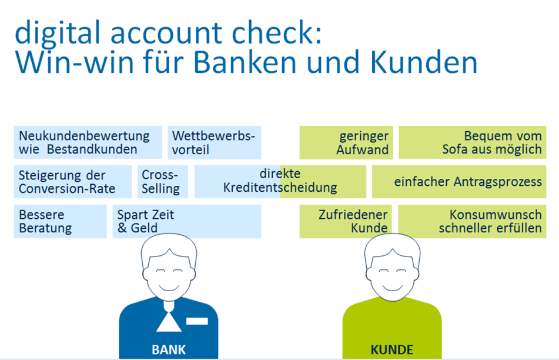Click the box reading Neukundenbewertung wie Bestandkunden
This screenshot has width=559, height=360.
(88, 142)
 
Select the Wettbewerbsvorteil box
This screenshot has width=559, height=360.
(215, 142)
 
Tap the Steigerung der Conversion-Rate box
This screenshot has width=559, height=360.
(73, 182)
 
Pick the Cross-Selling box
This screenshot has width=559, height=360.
(163, 182)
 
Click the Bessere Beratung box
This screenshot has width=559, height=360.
(60, 221)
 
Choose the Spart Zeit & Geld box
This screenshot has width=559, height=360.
(187, 221)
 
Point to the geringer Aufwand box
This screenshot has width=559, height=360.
(346, 142)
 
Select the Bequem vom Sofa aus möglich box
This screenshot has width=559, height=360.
(473, 142)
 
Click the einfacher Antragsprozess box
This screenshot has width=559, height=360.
(459, 182)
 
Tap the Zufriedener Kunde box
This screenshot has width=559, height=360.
(346, 221)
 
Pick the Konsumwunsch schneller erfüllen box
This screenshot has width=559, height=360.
(472, 221)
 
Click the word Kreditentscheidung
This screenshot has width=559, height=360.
(280, 188)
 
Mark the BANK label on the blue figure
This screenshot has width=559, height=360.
(169, 349)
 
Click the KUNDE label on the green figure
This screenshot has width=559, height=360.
(392, 349)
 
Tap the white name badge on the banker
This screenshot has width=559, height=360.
(197, 321)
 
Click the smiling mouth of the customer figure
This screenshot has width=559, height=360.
(393, 287)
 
